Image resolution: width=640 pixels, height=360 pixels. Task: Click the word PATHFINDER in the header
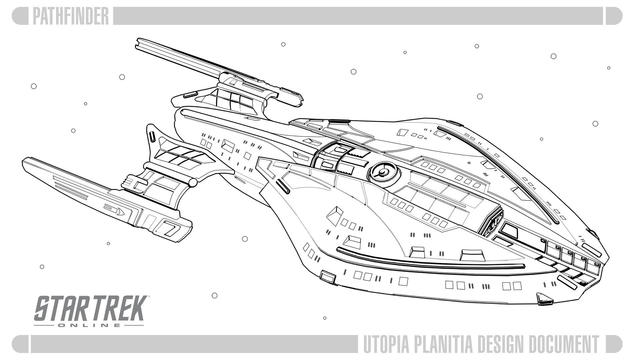pos(71,16)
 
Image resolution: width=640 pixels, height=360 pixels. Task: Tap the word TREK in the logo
pos(117,309)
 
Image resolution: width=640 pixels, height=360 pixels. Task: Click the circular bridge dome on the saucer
pos(382,172)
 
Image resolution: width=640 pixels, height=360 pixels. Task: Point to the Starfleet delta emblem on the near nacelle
pos(120,211)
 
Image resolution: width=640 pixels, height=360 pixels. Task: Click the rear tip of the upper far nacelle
pos(139,44)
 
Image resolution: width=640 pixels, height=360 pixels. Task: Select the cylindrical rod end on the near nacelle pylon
pos(193,182)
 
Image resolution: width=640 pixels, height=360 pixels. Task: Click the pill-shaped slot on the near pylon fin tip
pos(152,137)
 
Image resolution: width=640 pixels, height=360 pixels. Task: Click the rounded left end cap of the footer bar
pos(20,344)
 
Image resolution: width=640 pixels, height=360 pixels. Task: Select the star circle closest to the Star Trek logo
pos(215,295)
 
